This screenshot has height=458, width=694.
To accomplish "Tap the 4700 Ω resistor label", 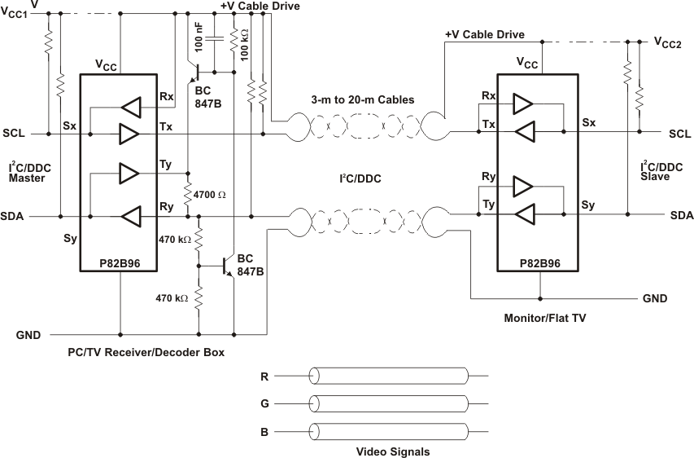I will [x=211, y=195].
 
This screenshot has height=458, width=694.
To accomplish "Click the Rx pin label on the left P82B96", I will [x=167, y=97].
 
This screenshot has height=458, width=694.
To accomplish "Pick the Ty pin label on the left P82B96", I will [x=166, y=165].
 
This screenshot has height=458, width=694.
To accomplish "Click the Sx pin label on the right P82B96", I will [x=589, y=122].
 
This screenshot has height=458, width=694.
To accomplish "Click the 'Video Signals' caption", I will [x=393, y=451].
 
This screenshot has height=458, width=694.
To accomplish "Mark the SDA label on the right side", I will [x=680, y=215].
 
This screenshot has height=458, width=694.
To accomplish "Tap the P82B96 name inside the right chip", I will [x=537, y=264].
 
